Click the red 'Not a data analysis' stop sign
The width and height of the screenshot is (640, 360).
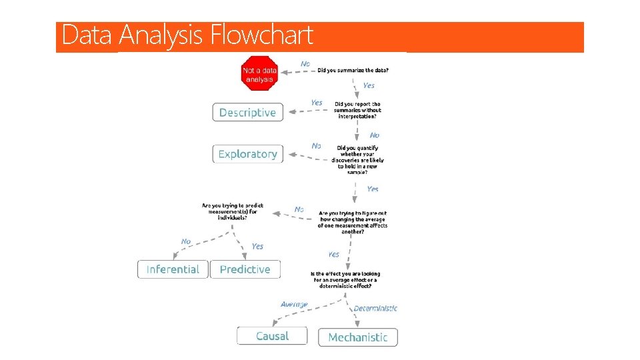[259, 73]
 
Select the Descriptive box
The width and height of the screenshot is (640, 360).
[248, 113]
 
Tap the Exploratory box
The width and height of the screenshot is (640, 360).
[248, 154]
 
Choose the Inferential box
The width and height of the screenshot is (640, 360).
[173, 269]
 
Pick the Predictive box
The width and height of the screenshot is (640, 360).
[245, 269]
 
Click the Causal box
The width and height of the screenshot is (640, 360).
[272, 336]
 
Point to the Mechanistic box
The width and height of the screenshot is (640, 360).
[358, 337]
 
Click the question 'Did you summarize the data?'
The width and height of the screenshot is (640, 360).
[353, 70]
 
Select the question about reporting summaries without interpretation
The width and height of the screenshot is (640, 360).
[357, 110]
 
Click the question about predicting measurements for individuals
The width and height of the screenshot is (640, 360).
[233, 211]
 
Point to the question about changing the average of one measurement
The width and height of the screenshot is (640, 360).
[353, 222]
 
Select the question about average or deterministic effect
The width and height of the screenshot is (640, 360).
[345, 280]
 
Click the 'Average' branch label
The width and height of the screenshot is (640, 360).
[294, 304]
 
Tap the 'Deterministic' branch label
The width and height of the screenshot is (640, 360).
[375, 308]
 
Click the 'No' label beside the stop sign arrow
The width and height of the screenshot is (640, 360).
[305, 63]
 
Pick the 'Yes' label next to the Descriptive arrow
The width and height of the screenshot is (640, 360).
[317, 103]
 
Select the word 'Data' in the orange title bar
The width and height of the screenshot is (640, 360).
[87, 35]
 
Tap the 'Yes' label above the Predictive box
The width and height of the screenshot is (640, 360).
[257, 246]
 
